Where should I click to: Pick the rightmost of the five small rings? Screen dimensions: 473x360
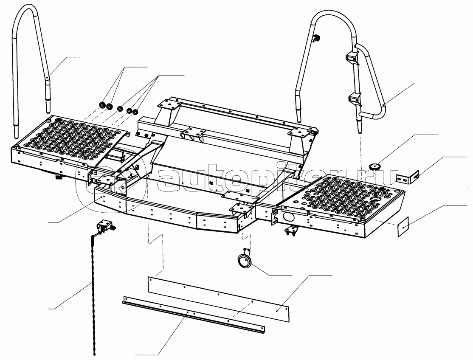(135, 112)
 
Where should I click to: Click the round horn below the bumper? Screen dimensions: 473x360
(244, 259)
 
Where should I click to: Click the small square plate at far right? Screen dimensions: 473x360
(404, 227)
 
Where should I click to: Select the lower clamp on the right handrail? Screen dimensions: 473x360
(354, 99)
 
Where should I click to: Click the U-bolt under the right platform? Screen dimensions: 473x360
(291, 231)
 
